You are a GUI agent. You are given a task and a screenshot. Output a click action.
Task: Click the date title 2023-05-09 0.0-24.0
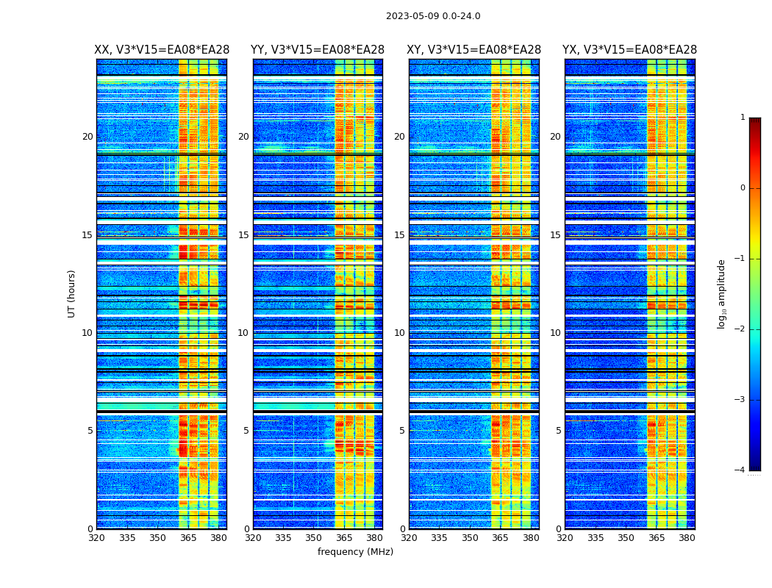point(433,16)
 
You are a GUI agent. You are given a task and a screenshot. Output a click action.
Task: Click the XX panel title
point(162,50)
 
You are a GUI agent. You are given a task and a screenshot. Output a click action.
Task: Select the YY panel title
point(318,50)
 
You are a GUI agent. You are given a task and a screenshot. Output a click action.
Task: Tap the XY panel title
point(474,50)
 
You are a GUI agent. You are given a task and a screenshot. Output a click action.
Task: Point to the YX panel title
point(629,50)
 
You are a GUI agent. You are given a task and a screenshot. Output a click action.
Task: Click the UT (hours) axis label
point(72,293)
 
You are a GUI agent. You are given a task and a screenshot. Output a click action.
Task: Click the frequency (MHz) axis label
point(355,552)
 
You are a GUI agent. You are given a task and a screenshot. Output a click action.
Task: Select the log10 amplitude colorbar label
point(722,293)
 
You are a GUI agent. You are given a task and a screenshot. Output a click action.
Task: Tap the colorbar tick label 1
point(743,118)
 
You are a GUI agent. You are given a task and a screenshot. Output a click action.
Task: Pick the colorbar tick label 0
point(743,188)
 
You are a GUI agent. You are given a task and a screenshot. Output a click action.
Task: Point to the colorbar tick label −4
point(740,470)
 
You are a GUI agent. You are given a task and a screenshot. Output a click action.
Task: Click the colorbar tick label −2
point(740,329)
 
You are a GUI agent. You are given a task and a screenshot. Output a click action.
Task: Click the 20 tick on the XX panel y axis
point(87,137)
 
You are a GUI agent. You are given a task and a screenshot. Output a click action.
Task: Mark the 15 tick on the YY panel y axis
point(243,235)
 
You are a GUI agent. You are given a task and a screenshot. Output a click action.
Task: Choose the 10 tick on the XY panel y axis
point(399,333)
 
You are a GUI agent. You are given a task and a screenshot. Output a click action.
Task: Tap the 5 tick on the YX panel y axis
point(558,431)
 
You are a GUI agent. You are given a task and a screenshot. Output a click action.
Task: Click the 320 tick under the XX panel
point(96,538)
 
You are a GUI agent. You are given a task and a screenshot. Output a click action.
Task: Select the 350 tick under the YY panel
point(314,538)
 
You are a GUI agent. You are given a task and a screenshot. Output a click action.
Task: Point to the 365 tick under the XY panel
point(500,538)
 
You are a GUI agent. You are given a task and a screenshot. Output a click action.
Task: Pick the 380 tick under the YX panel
point(687,538)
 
